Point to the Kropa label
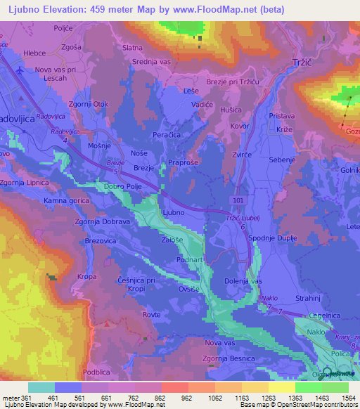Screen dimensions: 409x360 pyautogui.click(x=86, y=277)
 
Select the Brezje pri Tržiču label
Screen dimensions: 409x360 pyautogui.click(x=232, y=82)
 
